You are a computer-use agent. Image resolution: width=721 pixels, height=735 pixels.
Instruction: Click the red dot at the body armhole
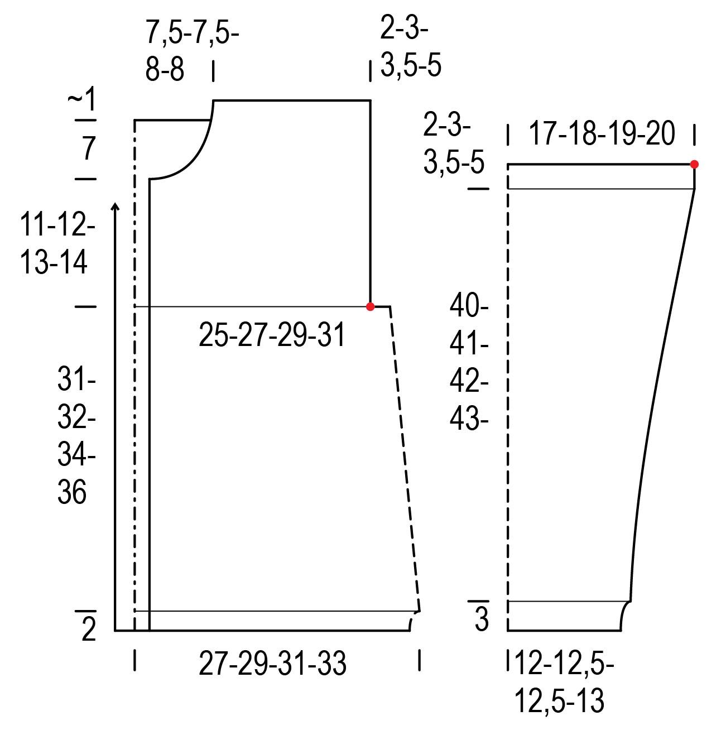pyautogui.click(x=370, y=306)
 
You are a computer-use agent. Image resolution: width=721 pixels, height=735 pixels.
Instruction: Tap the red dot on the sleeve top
pyautogui.click(x=694, y=165)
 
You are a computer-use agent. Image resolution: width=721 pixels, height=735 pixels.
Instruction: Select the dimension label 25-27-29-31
pyautogui.click(x=272, y=334)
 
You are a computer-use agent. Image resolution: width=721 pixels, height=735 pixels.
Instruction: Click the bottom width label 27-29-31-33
pyautogui.click(x=272, y=664)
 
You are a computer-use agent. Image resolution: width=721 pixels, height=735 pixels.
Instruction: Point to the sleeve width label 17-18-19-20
pyautogui.click(x=602, y=133)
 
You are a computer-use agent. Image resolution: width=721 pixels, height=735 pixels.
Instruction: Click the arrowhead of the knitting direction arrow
pyautogui.click(x=115, y=206)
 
